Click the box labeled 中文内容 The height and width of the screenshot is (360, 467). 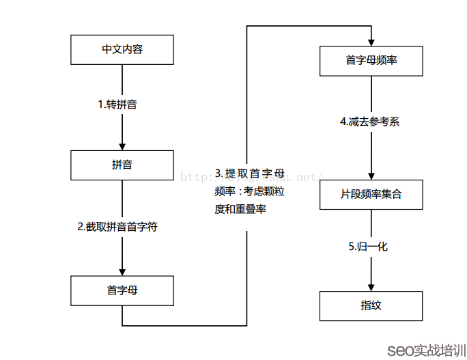point(122,50)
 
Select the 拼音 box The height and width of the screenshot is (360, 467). point(122,165)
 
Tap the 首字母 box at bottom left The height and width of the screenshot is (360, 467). point(122,290)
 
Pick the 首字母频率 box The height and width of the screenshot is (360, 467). point(371,61)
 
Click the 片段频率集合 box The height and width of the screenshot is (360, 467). point(371,194)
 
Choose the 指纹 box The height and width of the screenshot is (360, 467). point(371,305)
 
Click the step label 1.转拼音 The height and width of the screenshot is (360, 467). point(122,105)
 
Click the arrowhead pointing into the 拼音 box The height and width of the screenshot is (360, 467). point(122,146)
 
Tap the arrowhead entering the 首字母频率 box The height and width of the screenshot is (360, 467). point(371,42)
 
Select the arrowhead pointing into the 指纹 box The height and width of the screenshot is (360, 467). point(371,286)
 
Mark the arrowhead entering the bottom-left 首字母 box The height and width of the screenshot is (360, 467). point(122,271)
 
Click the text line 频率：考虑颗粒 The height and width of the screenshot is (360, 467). point(248,191)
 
